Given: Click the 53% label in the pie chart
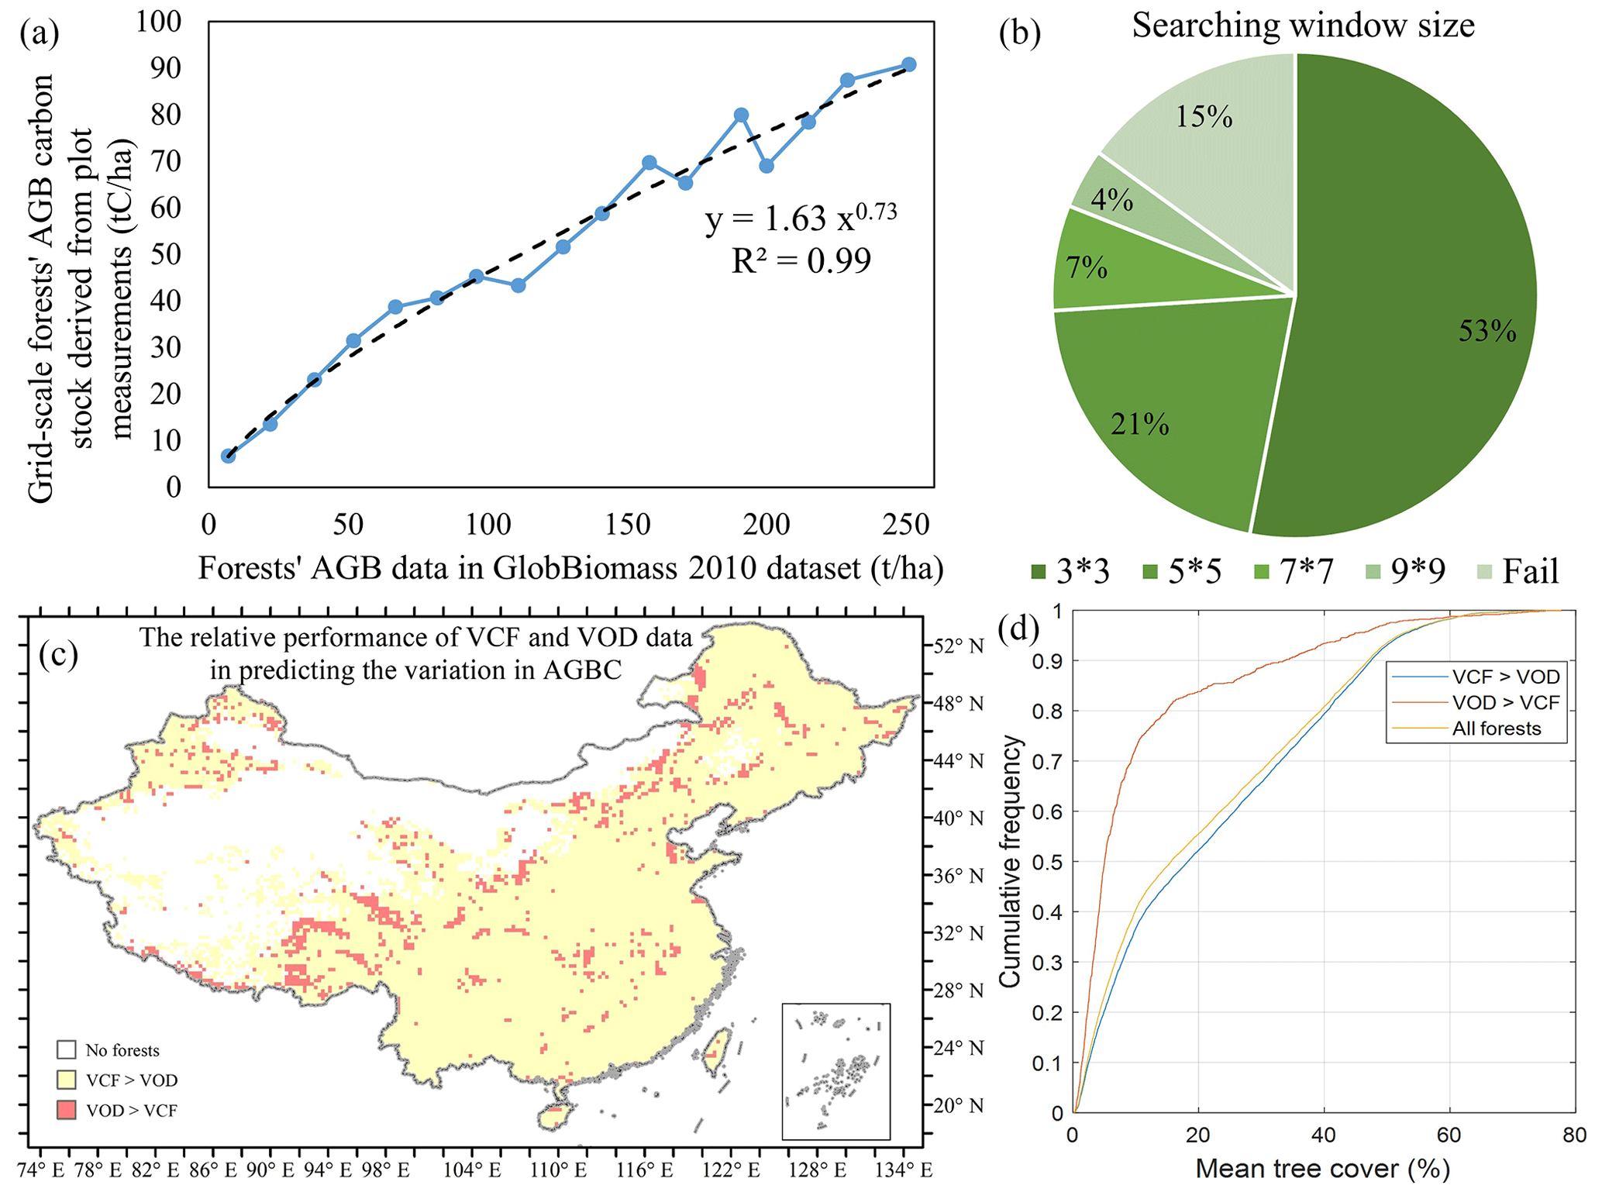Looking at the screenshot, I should [1487, 332].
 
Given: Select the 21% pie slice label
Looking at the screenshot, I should [1139, 425].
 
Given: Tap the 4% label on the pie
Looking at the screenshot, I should [1111, 201].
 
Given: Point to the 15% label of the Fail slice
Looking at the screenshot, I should [1204, 117].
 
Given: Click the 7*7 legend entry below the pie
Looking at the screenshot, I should [1294, 572].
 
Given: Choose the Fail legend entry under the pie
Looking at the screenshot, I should [1518, 572].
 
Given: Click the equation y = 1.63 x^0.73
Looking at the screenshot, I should [801, 218].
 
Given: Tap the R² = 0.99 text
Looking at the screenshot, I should [801, 261].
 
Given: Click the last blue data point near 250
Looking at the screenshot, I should [909, 65].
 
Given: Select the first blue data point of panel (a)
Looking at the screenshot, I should [228, 456].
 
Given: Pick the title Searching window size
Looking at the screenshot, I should [1303, 26].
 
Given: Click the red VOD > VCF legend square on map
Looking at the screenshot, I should [67, 1110].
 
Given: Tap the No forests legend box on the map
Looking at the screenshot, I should [67, 1050].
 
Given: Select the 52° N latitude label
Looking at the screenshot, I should [959, 646].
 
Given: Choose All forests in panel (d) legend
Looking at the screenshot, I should [1496, 729].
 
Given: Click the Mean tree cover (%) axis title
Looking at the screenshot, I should [1322, 1169].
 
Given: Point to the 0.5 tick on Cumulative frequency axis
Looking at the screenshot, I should [1051, 862].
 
